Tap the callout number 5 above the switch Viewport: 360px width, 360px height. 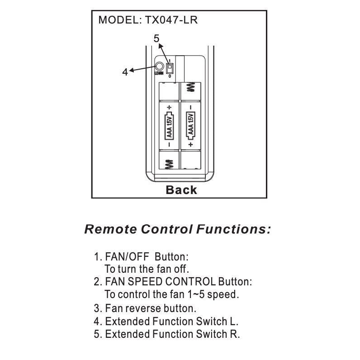[156, 38]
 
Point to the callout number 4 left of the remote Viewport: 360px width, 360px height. [125, 72]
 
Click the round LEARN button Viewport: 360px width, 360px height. [159, 66]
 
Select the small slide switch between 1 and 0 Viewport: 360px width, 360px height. [170, 68]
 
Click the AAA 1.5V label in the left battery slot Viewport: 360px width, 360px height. [170, 126]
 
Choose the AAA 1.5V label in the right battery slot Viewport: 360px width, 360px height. [191, 126]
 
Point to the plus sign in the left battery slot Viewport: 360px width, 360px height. [169, 107]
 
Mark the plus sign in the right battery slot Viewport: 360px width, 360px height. [191, 144]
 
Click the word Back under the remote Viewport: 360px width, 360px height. [181, 190]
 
